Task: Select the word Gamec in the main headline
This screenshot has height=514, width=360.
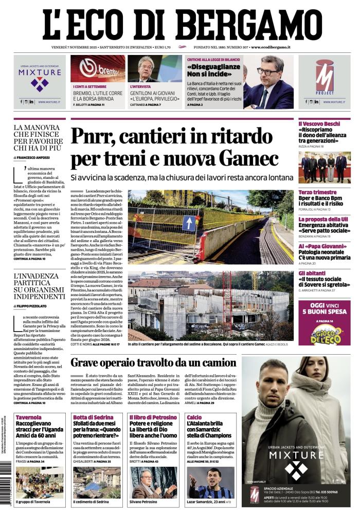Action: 251,157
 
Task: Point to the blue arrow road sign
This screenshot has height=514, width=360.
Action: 189,223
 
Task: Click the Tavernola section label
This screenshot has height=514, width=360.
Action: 28,417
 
